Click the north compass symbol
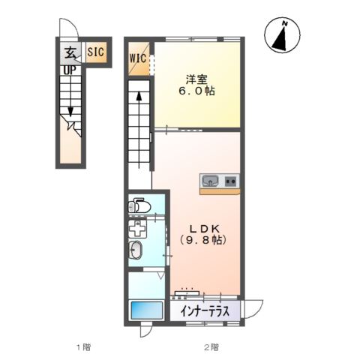(283, 35)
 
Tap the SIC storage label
(95, 52)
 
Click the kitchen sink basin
(210, 180)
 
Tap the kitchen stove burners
(230, 180)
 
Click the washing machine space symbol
(137, 227)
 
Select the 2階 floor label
(211, 346)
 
